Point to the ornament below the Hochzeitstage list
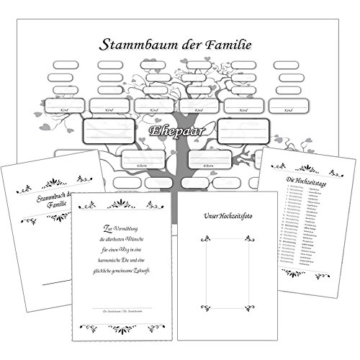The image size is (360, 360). (x=296, y=274)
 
